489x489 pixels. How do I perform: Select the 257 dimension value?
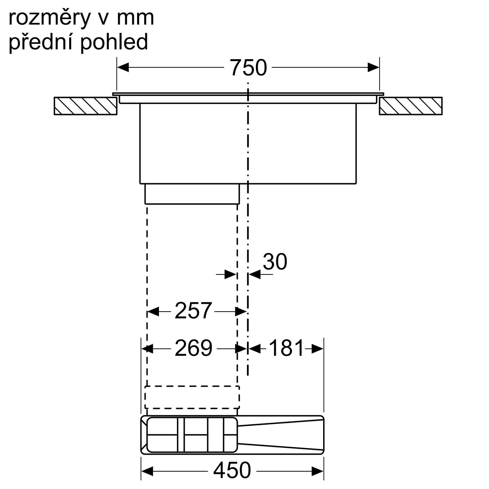[x=193, y=311]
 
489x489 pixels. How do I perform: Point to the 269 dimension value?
[x=193, y=348]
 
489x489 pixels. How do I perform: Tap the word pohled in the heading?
[x=114, y=42]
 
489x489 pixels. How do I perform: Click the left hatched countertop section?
[x=86, y=106]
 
